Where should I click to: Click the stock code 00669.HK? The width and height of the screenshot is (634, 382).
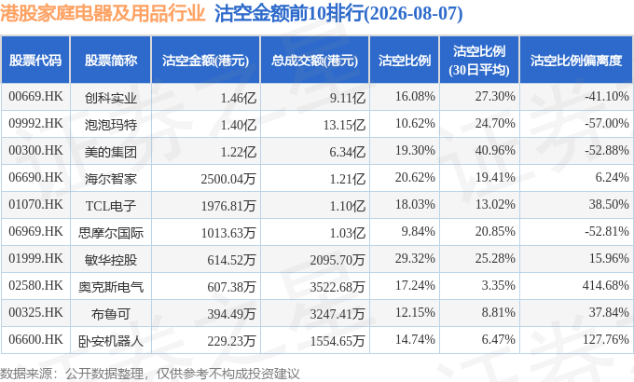pos(35,97)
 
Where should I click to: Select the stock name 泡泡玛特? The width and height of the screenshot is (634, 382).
pos(111,125)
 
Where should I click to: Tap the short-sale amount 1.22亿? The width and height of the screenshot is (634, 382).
pos(238,152)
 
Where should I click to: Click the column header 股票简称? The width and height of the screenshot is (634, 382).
pos(111,61)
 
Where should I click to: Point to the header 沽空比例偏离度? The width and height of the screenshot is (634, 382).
pos(576,61)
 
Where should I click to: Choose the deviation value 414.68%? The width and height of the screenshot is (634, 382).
pos(606,285)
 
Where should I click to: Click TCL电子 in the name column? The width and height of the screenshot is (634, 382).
pos(111,206)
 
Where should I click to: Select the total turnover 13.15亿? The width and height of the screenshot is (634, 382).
pos(344,125)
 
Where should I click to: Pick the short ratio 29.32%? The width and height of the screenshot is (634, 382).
pos(415,258)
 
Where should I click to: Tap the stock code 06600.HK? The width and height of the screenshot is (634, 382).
pos(35,339)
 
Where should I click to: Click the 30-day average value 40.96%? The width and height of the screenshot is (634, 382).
pos(495,150)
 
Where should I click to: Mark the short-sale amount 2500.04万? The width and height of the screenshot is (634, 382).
pos(228,179)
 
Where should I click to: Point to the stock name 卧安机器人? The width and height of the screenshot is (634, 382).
pos(111,341)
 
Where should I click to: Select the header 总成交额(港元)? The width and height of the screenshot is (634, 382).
pos(314,61)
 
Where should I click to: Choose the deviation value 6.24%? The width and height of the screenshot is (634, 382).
pos(613,177)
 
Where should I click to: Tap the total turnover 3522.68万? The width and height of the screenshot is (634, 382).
pos(338,287)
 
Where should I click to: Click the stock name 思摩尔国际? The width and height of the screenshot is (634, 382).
pos(111,233)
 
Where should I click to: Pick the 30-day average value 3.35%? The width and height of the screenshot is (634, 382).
pos(498,285)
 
